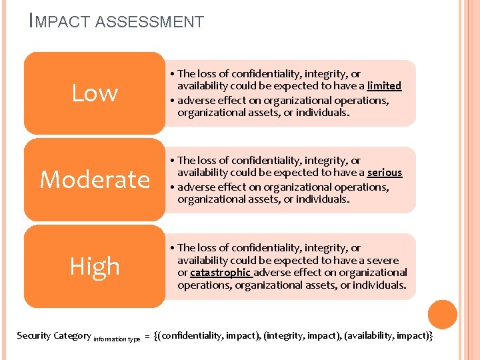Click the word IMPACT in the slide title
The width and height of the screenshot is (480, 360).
pos(61,22)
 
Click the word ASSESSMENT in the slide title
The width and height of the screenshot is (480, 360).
pos(149,22)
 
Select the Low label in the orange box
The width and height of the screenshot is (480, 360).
pos(95,93)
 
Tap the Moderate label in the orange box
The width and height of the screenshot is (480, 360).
pos(95,179)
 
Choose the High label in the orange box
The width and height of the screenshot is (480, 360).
pos(95,266)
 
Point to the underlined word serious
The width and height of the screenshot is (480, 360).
pos(384,173)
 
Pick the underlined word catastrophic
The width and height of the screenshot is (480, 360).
pos(220,273)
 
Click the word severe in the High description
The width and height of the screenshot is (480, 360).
pos(382,260)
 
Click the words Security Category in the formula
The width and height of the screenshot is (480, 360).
pos(53,335)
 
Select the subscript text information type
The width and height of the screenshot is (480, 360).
pos(117,339)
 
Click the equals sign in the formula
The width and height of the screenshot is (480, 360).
pos(147,336)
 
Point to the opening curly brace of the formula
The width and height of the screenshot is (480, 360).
pos(156,335)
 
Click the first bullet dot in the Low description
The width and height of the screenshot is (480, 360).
pos(172,75)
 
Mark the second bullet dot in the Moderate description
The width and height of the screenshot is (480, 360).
pos(172,187)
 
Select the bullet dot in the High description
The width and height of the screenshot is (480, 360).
pos(172,248)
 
